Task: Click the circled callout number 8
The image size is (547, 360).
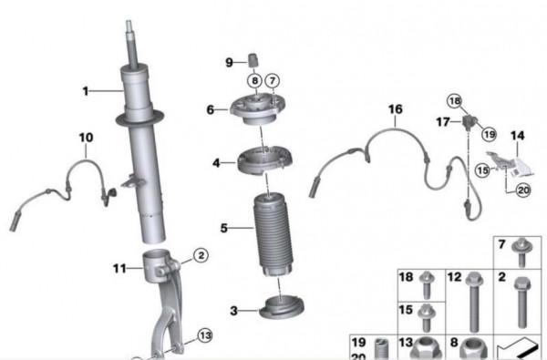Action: (255, 81)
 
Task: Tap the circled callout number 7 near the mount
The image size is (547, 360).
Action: (273, 81)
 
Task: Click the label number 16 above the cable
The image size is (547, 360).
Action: (396, 109)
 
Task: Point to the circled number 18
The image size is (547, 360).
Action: (455, 101)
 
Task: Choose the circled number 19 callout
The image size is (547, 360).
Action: (489, 134)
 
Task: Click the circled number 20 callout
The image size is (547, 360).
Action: (523, 190)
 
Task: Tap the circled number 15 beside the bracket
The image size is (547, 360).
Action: (482, 170)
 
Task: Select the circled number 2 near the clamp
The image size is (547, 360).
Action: (201, 256)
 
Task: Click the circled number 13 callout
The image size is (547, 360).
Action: (205, 336)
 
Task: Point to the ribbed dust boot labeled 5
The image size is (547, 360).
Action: (273, 234)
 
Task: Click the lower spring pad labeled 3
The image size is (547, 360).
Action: (282, 307)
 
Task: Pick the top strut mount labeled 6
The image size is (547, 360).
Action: (257, 109)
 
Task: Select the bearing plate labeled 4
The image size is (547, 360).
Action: (264, 160)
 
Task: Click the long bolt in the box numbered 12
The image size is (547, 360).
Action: (473, 302)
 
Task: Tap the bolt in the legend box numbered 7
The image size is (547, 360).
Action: (521, 252)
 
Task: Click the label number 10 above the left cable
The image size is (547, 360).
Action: (87, 138)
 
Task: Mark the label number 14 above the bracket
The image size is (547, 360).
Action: (517, 136)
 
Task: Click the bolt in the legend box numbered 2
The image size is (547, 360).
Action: (521, 302)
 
